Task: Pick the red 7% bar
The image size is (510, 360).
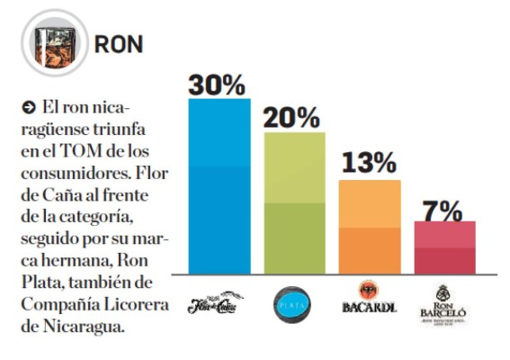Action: tap(443, 247)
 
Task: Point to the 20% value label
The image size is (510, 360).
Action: tap(292, 117)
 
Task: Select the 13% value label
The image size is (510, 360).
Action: tap(368, 164)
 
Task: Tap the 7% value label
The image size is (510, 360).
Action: tap(443, 209)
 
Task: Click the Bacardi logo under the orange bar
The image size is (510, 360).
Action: tap(368, 301)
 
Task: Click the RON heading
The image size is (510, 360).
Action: tap(121, 44)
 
